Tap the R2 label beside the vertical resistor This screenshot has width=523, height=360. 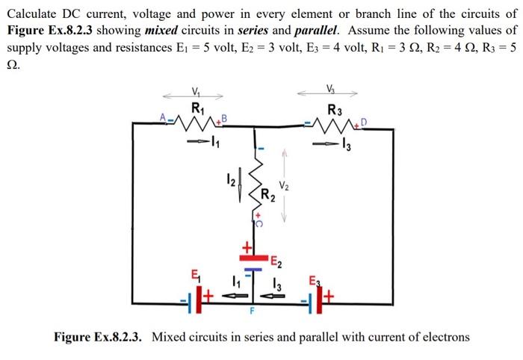coord(268,197)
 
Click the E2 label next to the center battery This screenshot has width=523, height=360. coord(275,261)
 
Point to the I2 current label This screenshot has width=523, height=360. coord(232,181)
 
